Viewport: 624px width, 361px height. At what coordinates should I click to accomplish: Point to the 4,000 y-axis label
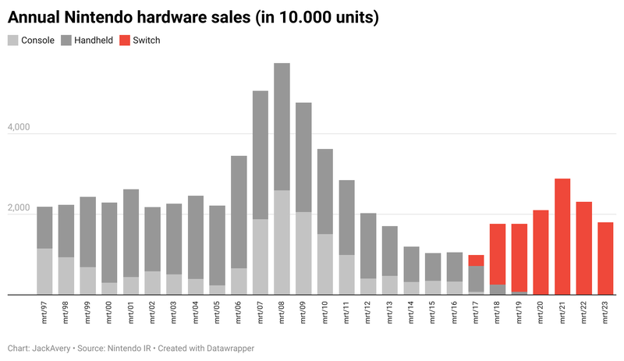click(23, 127)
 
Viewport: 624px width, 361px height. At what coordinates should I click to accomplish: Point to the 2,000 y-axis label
click(23, 208)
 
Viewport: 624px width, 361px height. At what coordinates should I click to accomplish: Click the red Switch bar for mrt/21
click(562, 237)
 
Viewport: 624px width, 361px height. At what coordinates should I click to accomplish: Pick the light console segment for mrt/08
click(282, 242)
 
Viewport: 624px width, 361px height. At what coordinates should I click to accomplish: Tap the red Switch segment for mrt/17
click(476, 260)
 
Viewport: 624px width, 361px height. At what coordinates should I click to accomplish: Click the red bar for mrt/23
click(605, 259)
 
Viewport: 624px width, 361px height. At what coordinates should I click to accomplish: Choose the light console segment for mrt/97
click(44, 271)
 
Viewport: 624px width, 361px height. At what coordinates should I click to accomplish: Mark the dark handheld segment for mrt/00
click(109, 242)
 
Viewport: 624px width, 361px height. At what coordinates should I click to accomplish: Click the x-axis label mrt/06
click(239, 310)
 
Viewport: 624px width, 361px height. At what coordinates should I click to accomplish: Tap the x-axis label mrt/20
click(541, 310)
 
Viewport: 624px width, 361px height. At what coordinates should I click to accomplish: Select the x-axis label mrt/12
click(368, 310)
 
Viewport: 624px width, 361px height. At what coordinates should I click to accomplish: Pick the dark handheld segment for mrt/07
click(261, 155)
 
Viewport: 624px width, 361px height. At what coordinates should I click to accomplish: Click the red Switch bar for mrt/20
click(541, 253)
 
